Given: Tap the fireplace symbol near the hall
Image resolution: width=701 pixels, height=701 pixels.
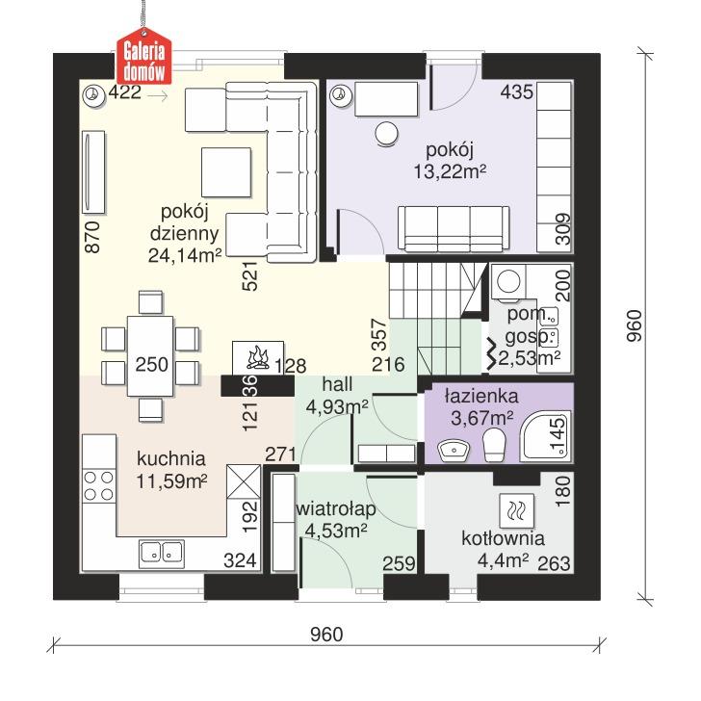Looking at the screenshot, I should pos(258,358).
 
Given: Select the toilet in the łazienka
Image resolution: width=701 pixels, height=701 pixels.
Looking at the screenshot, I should pos(495,445).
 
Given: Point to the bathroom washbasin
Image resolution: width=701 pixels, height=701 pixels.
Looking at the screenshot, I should pos(454,448).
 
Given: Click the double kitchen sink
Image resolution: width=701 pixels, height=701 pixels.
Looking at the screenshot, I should pos(162,552).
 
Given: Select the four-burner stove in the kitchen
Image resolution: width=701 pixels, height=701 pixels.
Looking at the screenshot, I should pos(97,484).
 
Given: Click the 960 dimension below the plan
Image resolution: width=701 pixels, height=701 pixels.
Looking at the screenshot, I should pos(326,635).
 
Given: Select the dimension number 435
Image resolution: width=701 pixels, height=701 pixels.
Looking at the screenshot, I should pos(516,93).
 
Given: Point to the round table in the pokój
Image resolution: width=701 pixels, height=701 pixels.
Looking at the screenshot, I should pos(387,134).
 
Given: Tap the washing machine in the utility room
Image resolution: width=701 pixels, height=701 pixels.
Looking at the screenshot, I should pos(510,282).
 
